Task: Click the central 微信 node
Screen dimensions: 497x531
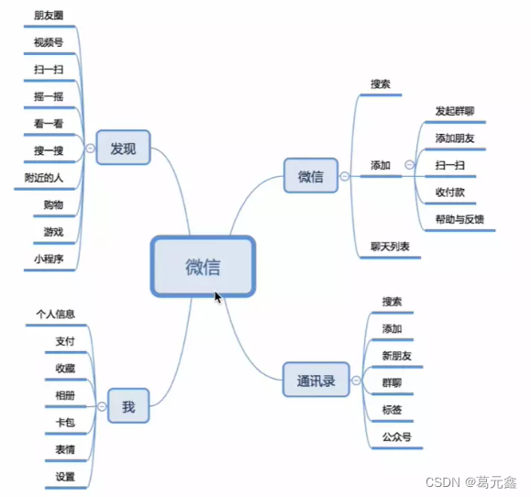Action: click(202, 267)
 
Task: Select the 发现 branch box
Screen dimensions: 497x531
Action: click(123, 148)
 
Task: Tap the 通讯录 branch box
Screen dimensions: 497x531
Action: click(316, 380)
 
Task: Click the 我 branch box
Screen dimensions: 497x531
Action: click(128, 406)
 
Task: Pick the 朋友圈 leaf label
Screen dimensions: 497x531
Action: click(49, 16)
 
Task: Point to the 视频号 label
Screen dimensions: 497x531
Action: click(48, 42)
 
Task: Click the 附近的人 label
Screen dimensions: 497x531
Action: click(43, 178)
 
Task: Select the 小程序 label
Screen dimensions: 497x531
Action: click(48, 259)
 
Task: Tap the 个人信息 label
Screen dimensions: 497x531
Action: click(55, 314)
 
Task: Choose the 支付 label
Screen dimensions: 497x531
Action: click(65, 341)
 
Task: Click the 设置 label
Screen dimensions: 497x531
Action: click(65, 477)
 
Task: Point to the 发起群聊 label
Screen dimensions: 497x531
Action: click(455, 112)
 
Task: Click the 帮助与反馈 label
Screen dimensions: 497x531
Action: click(460, 219)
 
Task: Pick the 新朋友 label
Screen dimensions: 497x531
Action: click(397, 355)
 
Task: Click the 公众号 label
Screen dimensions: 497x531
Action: click(397, 436)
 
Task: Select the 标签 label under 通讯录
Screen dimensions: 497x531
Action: click(392, 409)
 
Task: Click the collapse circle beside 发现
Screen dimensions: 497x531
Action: click(90, 148)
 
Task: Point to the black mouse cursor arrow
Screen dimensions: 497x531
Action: click(217, 297)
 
